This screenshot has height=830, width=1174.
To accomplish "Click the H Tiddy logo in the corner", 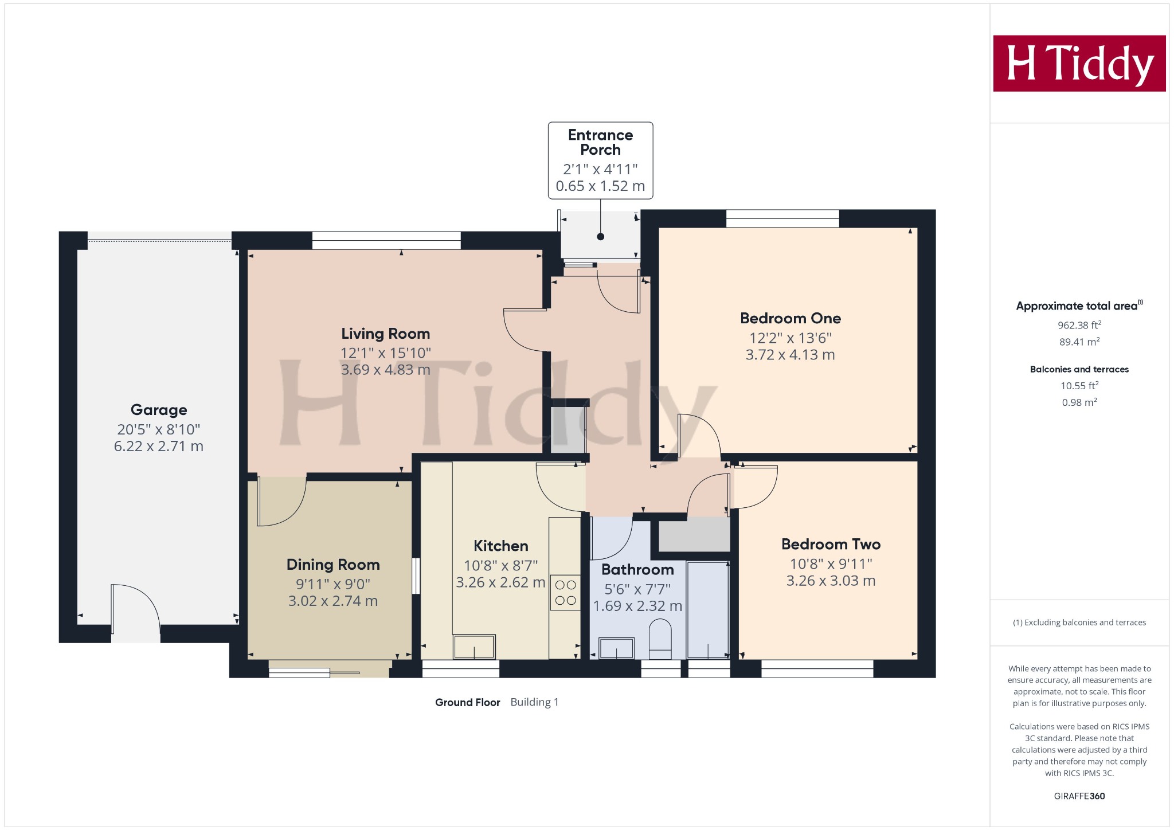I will click(1079, 64).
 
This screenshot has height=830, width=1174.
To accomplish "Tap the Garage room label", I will click(159, 410).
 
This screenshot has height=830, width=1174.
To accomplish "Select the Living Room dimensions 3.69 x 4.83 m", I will click(385, 370).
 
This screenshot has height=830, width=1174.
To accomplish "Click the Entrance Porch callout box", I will click(600, 160).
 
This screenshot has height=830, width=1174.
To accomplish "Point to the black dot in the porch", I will click(600, 237).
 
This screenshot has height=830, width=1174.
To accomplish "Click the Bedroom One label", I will click(790, 318).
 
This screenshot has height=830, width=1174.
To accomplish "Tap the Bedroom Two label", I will click(831, 544).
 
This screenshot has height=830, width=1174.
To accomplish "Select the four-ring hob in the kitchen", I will click(565, 593).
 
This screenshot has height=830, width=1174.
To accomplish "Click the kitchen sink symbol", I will click(474, 647).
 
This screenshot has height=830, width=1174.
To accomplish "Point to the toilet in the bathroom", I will click(660, 642).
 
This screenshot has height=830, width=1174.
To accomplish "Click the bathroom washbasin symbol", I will click(616, 648).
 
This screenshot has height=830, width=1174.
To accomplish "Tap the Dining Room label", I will click(333, 565).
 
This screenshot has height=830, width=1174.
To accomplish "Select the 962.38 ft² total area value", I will click(1079, 325).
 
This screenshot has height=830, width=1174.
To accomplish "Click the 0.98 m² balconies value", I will click(1079, 402).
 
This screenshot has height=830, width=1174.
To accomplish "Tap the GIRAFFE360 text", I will click(1079, 796).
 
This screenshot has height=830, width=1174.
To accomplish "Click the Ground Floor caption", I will click(467, 702).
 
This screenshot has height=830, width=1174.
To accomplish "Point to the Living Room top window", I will click(386, 240).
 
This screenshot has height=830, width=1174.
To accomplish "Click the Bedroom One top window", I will click(782, 218).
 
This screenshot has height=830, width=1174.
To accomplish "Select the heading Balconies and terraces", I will click(1079, 369).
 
